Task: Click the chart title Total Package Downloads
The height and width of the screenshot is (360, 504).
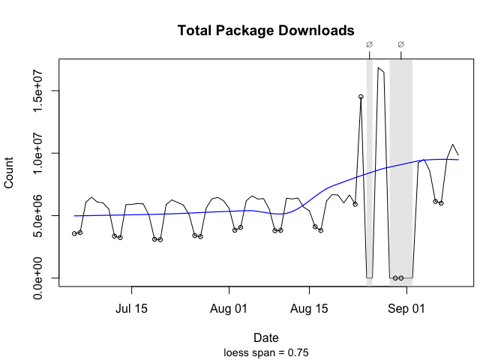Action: pyautogui.click(x=265, y=31)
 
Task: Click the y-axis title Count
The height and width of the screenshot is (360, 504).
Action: pyautogui.click(x=10, y=172)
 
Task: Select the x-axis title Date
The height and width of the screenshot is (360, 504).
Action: pyautogui.click(x=265, y=337)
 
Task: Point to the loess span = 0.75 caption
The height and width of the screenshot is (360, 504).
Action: pyautogui.click(x=265, y=352)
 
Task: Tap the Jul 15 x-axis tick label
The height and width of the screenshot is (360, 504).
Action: pyautogui.click(x=131, y=308)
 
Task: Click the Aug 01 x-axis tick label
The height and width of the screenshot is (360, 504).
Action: pyautogui.click(x=229, y=308)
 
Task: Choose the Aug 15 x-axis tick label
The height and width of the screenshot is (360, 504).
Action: pyautogui.click(x=310, y=308)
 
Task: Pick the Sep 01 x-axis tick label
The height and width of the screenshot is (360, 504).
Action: pyautogui.click(x=407, y=308)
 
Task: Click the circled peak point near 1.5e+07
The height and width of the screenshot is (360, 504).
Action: pyautogui.click(x=361, y=97)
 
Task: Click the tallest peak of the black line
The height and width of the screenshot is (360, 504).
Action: pyautogui.click(x=379, y=68)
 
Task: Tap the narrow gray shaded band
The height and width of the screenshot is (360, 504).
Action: pyautogui.click(x=369, y=172)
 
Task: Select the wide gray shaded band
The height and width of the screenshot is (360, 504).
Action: pyautogui.click(x=401, y=172)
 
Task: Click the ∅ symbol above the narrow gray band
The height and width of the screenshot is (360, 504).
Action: pyautogui.click(x=369, y=44)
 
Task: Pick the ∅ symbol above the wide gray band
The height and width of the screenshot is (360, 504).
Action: pyautogui.click(x=401, y=44)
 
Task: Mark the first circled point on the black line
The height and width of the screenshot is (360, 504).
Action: pyautogui.click(x=74, y=234)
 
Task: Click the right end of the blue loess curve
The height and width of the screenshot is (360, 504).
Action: pyautogui.click(x=458, y=160)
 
